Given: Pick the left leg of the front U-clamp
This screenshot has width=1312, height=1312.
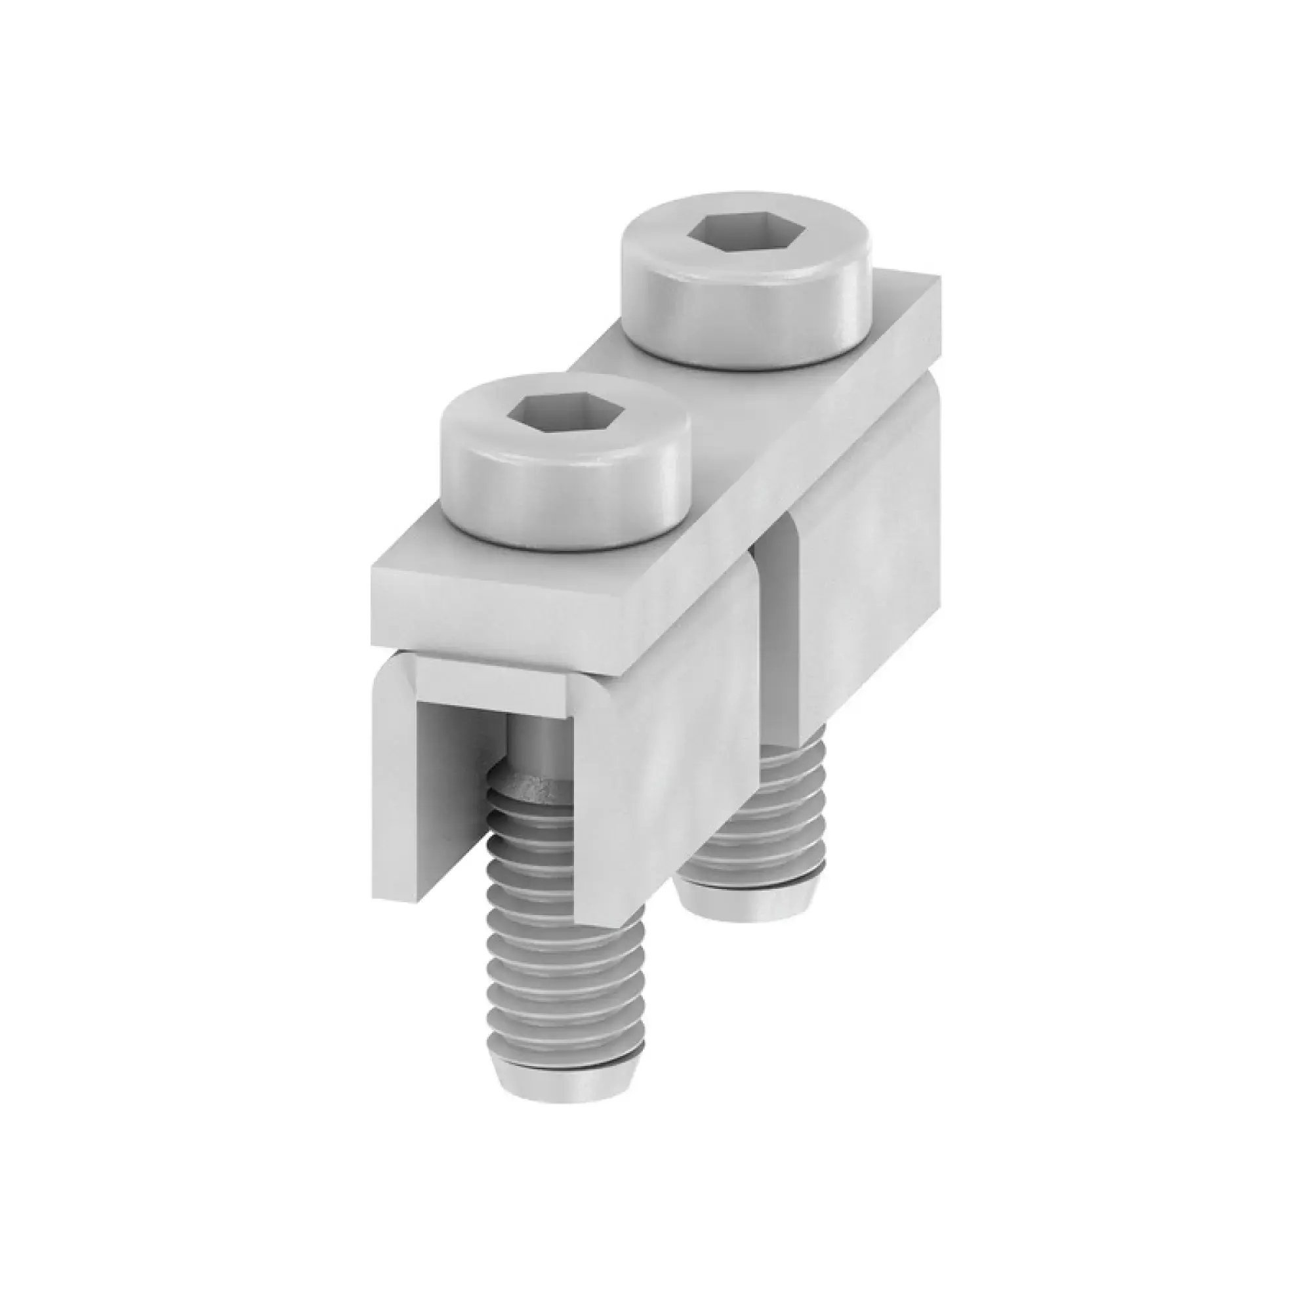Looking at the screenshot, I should (x=398, y=781).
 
